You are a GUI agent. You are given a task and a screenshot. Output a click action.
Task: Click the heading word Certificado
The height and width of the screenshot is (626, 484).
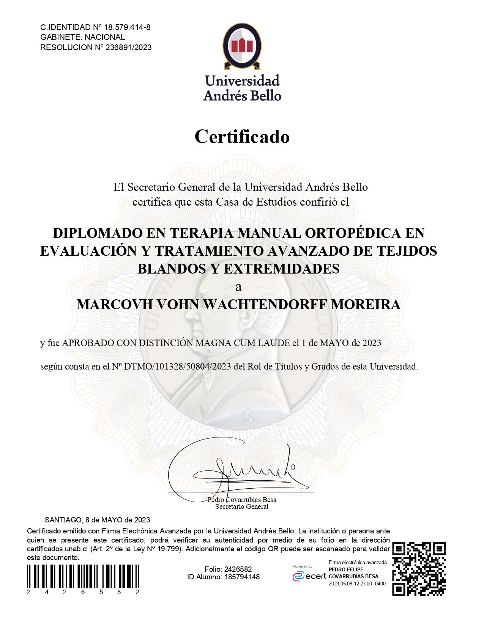click(242, 137)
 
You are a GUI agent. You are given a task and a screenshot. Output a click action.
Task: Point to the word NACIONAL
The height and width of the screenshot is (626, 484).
click(105, 37)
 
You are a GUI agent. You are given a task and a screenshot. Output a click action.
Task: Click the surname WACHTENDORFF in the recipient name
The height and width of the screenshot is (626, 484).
click(266, 305)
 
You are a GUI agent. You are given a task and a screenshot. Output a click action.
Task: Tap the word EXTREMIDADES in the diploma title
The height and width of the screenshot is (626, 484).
click(282, 269)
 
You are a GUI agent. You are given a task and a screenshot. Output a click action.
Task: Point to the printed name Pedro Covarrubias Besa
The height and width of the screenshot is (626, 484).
click(242, 500)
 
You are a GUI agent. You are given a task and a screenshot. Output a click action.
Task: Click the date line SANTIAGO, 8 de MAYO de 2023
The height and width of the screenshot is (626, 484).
click(97, 520)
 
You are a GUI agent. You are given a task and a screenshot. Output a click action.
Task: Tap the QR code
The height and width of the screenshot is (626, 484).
click(419, 569)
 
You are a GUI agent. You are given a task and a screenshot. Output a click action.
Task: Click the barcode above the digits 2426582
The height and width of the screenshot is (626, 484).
click(83, 576)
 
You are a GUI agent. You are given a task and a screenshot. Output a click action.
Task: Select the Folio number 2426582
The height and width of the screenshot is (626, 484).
click(238, 569)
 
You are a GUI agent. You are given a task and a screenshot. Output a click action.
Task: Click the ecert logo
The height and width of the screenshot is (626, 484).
click(309, 576)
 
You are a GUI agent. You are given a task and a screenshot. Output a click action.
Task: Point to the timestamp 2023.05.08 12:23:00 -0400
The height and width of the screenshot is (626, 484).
click(357, 584)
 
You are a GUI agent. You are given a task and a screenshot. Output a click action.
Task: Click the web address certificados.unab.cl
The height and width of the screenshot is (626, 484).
click(57, 549)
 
